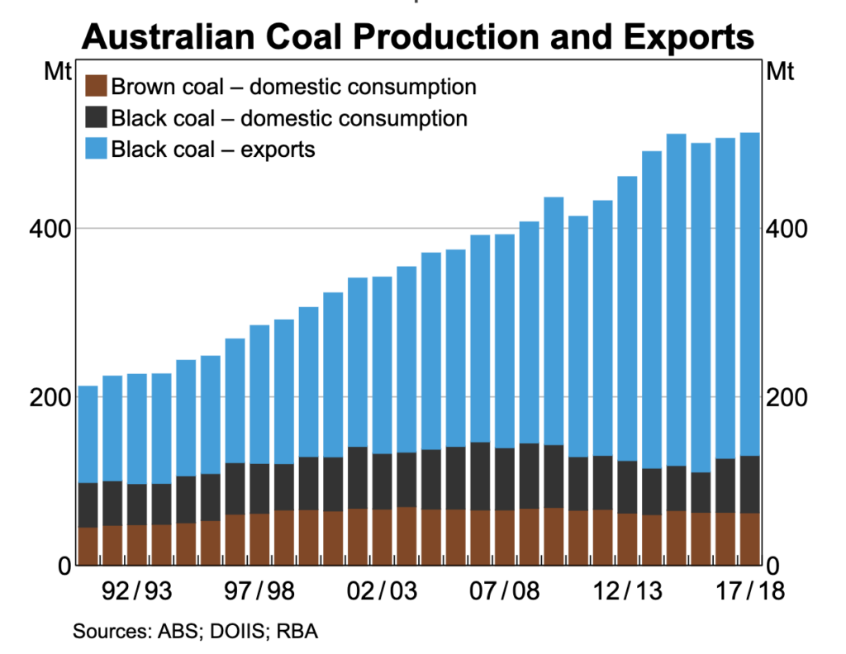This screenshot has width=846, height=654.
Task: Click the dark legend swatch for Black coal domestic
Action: pos(97,118)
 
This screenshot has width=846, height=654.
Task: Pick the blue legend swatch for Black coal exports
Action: pos(97,149)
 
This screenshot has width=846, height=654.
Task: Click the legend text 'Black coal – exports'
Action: pos(213,149)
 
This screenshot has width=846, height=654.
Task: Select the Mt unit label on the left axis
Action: pos(56,72)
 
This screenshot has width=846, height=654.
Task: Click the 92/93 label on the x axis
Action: pos(135,592)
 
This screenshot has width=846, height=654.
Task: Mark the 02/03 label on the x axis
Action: pos(381,592)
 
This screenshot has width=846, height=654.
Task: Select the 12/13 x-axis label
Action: pos(625,592)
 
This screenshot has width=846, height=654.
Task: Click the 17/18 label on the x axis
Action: pos(748,592)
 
